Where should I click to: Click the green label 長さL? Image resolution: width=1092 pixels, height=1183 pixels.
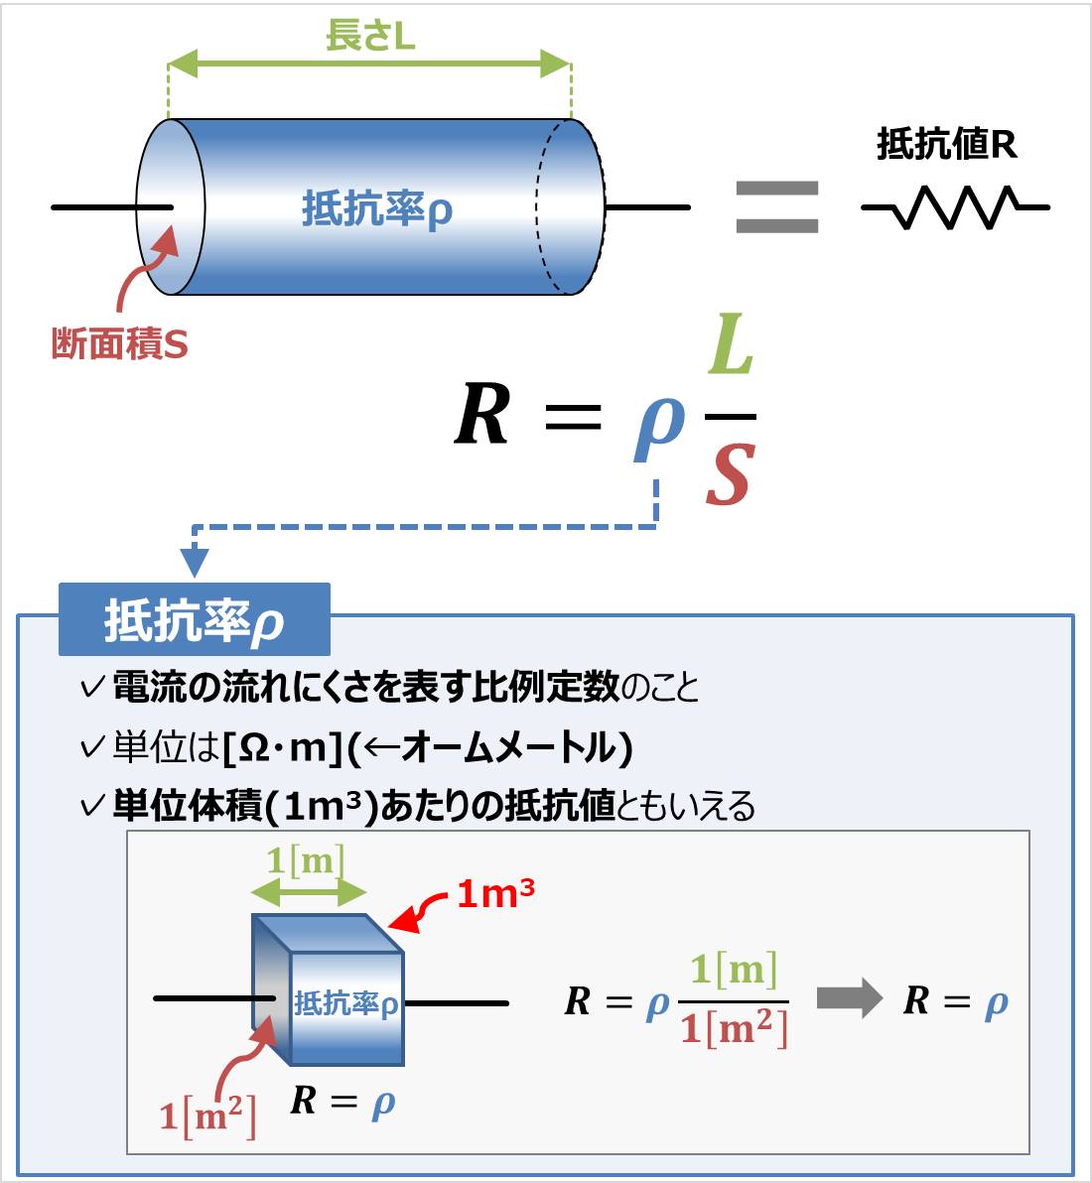click(x=369, y=37)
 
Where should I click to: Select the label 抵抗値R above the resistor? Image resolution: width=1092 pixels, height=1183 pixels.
click(x=946, y=145)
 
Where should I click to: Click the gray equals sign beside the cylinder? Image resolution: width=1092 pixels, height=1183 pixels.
click(x=776, y=207)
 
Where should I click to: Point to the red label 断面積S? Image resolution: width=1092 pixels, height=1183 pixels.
click(x=119, y=344)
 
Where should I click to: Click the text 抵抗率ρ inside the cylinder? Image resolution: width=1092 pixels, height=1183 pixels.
click(x=376, y=210)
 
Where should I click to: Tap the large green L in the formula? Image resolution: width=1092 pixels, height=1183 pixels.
click(x=731, y=348)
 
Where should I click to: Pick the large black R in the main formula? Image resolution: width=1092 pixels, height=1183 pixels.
click(x=482, y=415)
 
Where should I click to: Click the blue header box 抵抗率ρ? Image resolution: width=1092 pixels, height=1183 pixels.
click(x=194, y=620)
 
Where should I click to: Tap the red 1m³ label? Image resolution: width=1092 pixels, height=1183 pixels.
click(x=495, y=894)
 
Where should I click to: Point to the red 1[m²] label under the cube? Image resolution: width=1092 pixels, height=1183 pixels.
click(x=207, y=1117)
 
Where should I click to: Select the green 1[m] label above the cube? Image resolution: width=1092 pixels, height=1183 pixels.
click(x=306, y=859)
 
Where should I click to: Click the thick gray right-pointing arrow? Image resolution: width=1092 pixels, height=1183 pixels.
click(x=849, y=998)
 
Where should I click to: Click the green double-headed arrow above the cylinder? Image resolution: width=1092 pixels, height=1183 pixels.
click(x=369, y=66)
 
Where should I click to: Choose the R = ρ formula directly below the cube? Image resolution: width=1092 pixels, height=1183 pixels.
click(x=342, y=1102)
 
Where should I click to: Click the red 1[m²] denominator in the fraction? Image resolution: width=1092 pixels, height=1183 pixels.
click(x=734, y=1028)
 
